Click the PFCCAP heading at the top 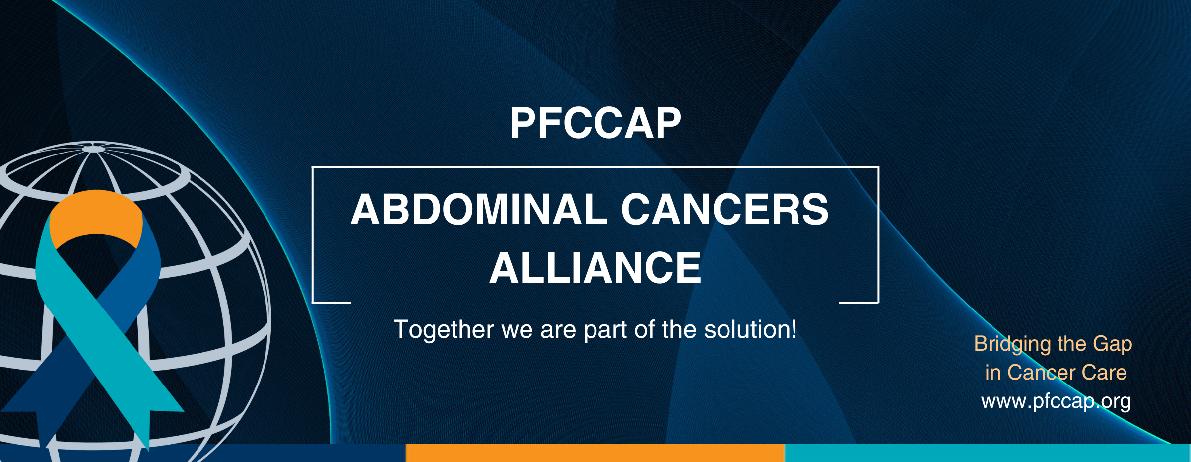[595, 123]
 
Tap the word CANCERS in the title [725, 209]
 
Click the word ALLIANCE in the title [595, 268]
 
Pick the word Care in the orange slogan [1104, 373]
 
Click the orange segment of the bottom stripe [595, 453]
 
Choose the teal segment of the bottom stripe [988, 453]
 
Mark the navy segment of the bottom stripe [203, 453]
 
